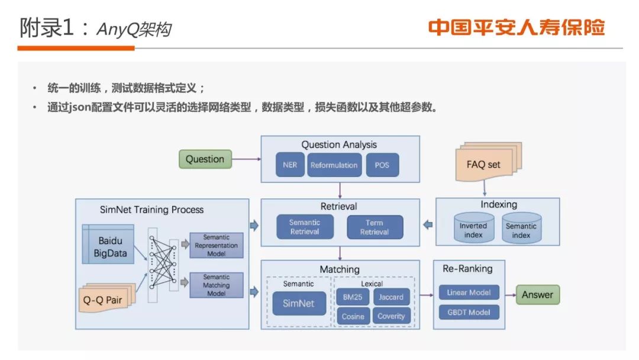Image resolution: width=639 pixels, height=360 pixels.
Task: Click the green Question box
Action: click(x=205, y=159)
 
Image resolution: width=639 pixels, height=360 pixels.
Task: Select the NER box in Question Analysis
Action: click(x=290, y=165)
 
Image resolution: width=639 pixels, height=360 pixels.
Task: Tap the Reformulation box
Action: click(x=334, y=165)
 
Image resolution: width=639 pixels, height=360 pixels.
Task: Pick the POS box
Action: click(x=382, y=165)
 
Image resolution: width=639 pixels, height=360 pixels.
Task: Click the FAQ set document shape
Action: click(x=483, y=164)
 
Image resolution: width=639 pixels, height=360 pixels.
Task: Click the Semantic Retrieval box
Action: click(x=305, y=227)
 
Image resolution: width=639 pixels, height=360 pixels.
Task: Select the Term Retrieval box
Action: click(x=375, y=227)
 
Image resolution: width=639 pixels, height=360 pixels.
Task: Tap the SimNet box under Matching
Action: click(x=298, y=304)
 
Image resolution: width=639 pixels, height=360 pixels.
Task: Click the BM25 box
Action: click(x=352, y=297)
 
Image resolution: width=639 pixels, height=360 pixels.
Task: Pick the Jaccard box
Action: click(x=390, y=297)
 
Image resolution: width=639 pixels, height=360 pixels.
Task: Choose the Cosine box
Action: click(x=353, y=316)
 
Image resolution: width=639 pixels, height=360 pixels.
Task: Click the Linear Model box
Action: click(x=469, y=292)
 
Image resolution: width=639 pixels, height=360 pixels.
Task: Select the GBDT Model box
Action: click(x=469, y=312)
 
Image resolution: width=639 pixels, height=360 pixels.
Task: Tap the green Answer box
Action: click(x=537, y=294)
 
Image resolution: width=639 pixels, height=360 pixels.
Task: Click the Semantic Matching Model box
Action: click(x=216, y=285)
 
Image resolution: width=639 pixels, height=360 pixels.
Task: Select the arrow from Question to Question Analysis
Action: click(x=246, y=159)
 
